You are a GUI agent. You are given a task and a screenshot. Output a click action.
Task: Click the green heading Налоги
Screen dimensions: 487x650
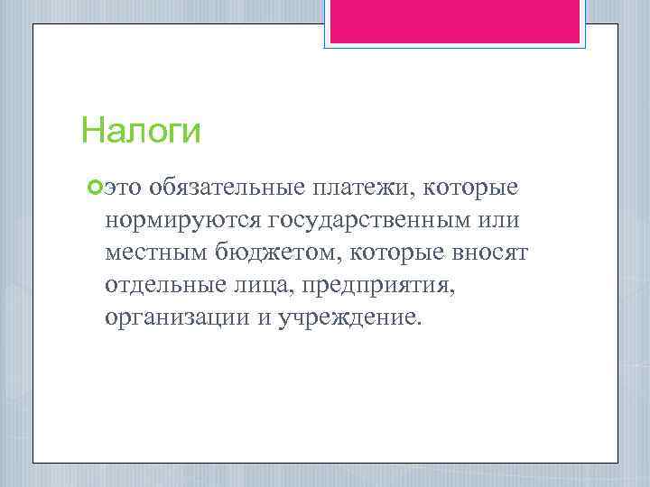coord(140,132)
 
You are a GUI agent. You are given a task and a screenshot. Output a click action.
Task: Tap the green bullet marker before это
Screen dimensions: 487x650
coord(97,187)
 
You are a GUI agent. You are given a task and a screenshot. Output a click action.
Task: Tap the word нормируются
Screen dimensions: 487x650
coord(182,220)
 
